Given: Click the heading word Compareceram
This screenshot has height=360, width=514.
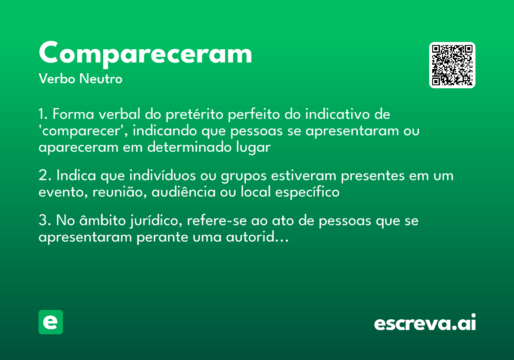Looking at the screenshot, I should [145, 53].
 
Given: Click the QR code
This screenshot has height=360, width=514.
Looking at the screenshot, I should [452, 65].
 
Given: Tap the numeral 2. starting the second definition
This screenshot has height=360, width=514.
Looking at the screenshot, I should [45, 176].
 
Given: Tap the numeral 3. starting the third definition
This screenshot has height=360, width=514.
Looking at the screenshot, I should [45, 221].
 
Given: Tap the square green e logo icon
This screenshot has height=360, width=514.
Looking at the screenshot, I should [51, 322].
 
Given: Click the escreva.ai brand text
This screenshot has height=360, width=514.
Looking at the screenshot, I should [424, 323].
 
